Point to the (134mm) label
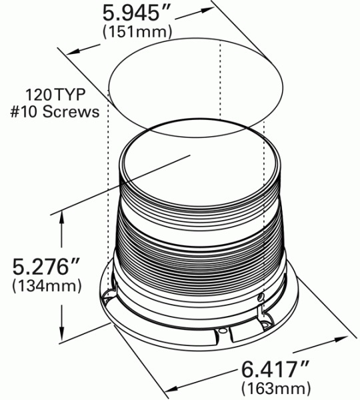(47, 287)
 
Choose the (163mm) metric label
(276, 387)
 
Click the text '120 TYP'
(63, 94)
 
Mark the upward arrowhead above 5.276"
(62, 217)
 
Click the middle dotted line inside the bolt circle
(219, 87)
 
